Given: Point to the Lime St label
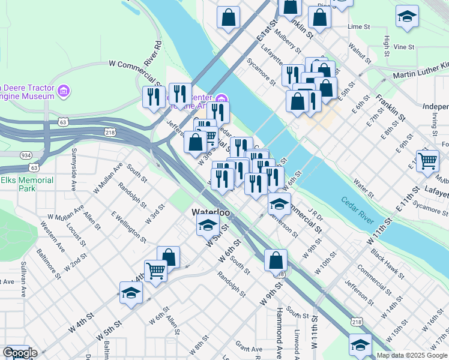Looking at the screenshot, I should click(x=359, y=27).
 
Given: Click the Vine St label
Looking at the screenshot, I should click(x=404, y=47).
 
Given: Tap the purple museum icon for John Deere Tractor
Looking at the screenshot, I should click(x=64, y=92).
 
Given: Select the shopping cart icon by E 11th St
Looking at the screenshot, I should click(x=427, y=160).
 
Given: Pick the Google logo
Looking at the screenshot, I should click(x=19, y=353).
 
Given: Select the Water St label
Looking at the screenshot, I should click(x=364, y=187).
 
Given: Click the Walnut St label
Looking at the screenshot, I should click(x=361, y=52).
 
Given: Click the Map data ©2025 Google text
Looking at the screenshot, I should click(x=412, y=355).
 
